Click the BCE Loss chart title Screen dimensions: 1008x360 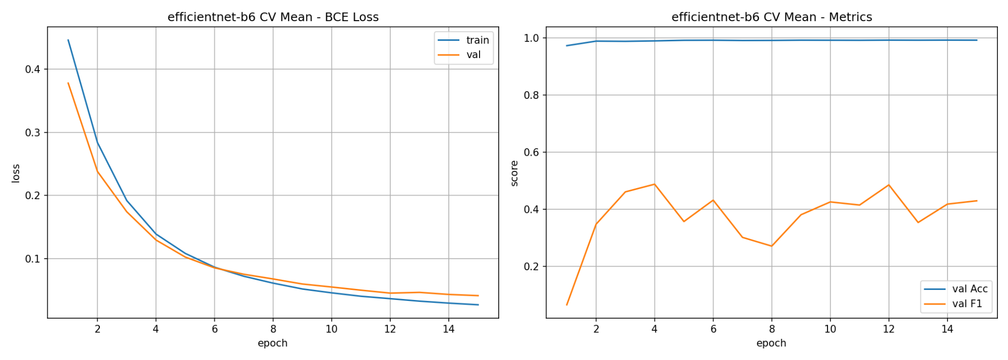tap(273, 17)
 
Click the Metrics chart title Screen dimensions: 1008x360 tap(772, 17)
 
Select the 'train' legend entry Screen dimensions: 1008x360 tap(463, 40)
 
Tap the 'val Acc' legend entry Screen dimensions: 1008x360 tap(956, 289)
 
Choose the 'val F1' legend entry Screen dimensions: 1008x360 tap(953, 304)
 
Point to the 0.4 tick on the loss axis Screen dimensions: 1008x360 tap(33, 69)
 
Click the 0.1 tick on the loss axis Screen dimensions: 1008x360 tap(33, 259)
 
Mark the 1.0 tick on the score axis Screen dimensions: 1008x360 tap(531, 38)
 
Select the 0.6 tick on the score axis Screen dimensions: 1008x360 tap(531, 152)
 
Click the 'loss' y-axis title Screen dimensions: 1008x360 tap(16, 173)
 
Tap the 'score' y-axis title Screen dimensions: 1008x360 tap(514, 173)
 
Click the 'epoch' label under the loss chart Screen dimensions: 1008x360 tap(273, 343)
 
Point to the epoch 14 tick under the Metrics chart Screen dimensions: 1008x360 tap(947, 329)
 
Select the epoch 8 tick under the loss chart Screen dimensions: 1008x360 tap(273, 329)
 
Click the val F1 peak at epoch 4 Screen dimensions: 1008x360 tap(655, 184)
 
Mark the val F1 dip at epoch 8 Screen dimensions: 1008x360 tap(772, 246)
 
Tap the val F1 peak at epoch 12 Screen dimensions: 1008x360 tap(888, 185)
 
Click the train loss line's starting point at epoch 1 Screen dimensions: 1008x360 tap(68, 40)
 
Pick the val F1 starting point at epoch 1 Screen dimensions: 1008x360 tap(567, 305)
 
